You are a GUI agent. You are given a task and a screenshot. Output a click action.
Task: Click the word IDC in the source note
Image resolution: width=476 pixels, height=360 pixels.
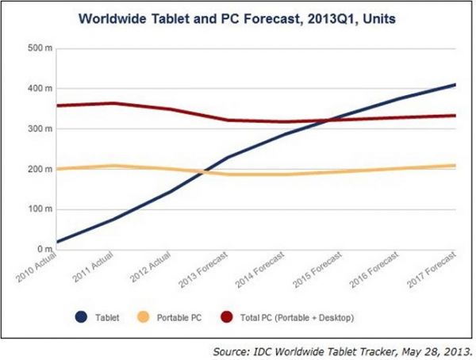point(278,349)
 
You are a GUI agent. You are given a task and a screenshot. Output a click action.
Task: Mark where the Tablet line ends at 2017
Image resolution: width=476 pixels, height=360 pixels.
point(455,84)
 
